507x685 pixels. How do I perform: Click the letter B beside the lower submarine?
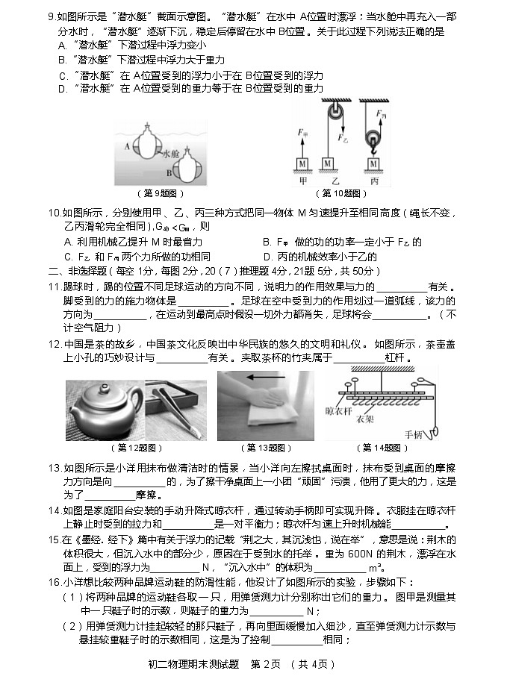[x=169, y=172]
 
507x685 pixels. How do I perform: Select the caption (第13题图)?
[x=265, y=448]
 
